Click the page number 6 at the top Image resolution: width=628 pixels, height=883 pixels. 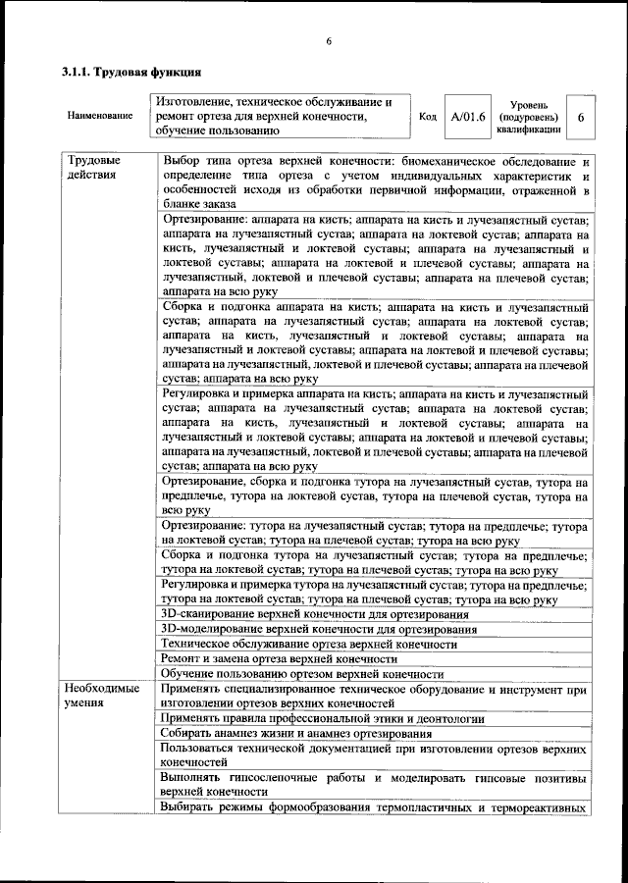(x=330, y=41)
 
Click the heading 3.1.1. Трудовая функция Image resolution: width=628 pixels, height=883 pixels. (x=131, y=73)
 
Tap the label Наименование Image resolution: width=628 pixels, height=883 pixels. (x=100, y=116)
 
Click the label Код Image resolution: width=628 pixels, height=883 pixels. (x=428, y=117)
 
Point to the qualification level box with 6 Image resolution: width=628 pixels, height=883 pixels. (x=581, y=117)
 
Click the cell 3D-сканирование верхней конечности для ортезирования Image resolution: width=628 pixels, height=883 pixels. (x=314, y=614)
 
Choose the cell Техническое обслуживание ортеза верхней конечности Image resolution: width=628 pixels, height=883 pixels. (x=308, y=645)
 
